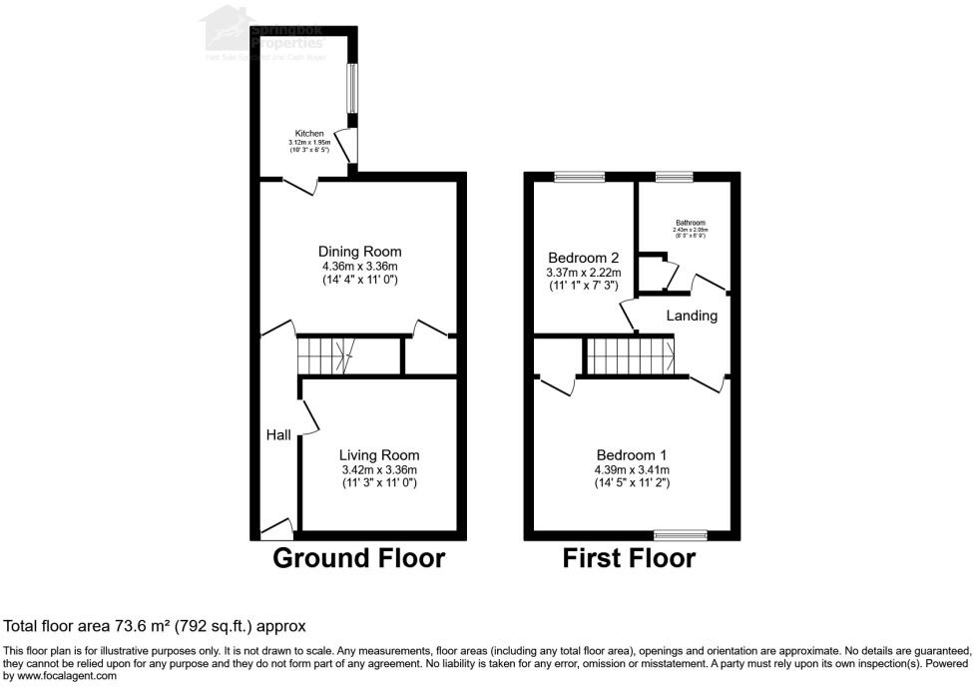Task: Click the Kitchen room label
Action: coord(309,133)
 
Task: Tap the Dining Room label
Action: coord(359,251)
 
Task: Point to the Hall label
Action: coord(278,435)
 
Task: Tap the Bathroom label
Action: coord(690,223)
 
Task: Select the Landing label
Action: coord(693,316)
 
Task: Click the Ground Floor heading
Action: coord(358,558)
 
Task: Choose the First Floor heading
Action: coord(629,558)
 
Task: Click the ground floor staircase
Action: coord(325,353)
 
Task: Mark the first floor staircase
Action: coord(630,353)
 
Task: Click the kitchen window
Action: coord(351,89)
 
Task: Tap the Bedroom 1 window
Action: coord(681,534)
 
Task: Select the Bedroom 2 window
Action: coord(580,177)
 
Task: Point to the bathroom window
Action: coord(674,177)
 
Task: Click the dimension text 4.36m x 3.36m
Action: coord(359,267)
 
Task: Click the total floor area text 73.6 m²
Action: coord(155,626)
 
